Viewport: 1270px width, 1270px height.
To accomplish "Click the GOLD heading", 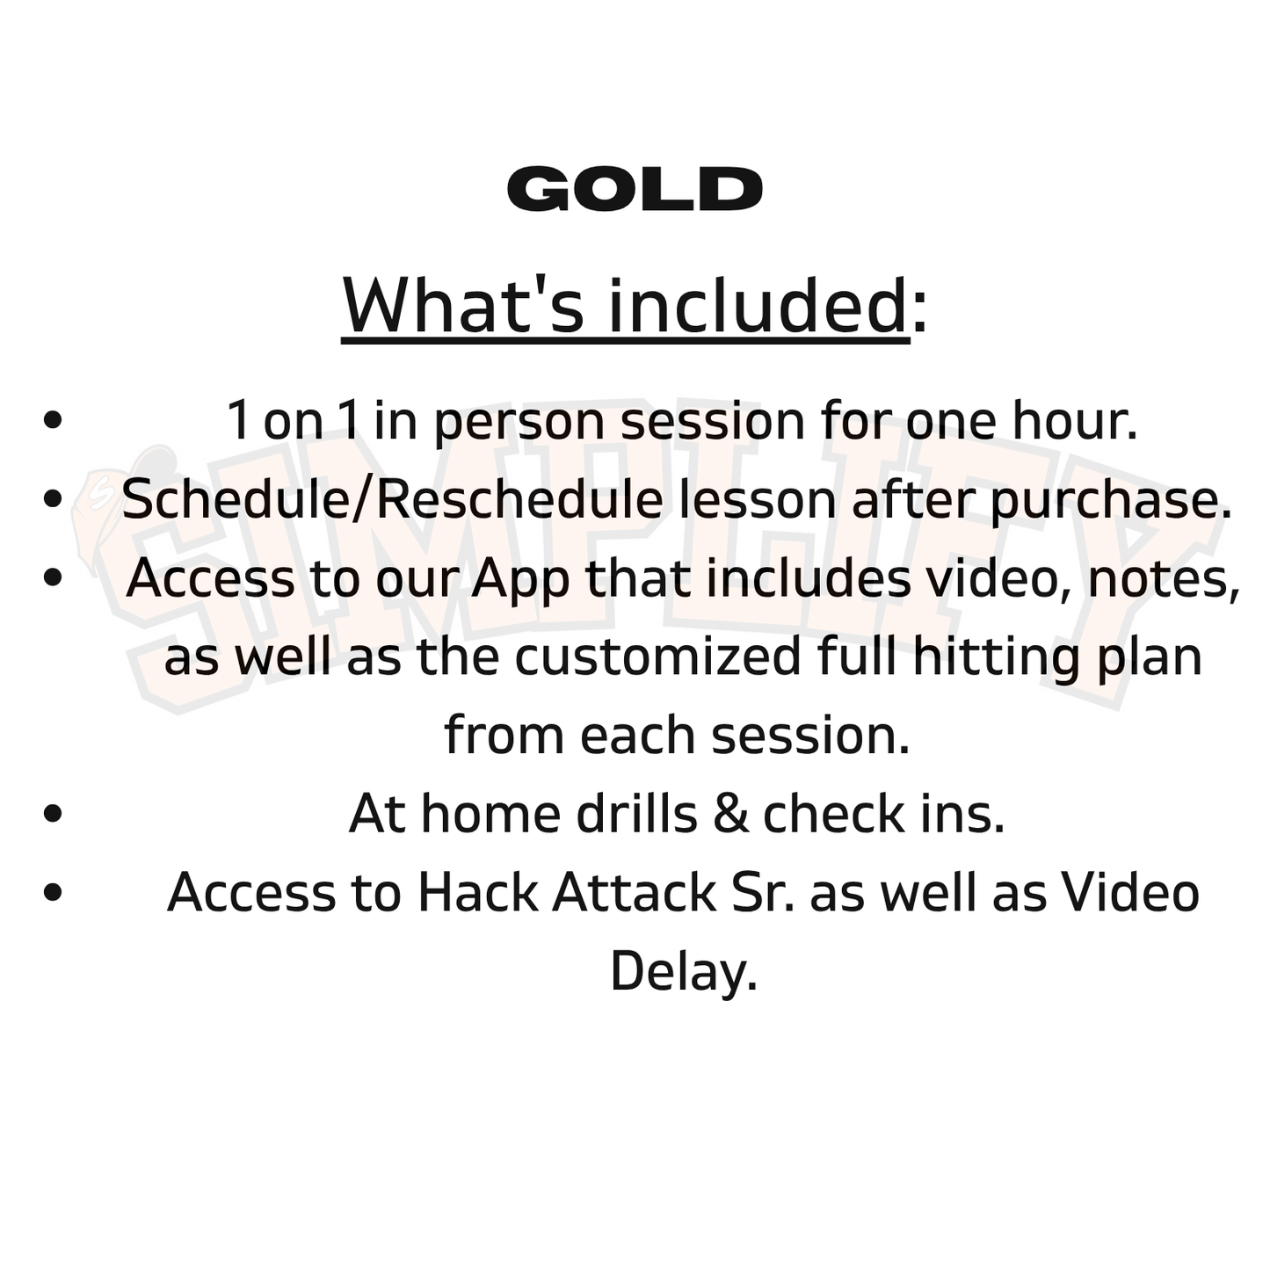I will coord(635,189).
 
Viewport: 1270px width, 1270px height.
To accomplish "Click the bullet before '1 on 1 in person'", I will coord(53,420).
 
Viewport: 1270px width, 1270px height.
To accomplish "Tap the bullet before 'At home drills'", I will coord(53,813).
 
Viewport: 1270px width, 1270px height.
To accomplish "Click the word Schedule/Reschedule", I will coord(391,499).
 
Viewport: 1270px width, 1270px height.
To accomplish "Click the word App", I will coord(521,579).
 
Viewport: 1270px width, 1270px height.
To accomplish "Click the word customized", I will coord(657,657).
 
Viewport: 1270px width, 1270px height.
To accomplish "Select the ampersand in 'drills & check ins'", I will coord(729,814).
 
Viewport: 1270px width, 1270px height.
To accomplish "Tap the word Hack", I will coord(477,892).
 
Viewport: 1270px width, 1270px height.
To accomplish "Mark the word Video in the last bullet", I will coord(1130,892).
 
